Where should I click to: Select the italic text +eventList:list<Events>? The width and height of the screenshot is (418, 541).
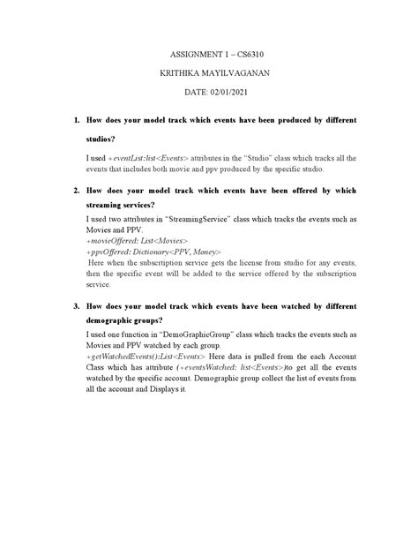(x=155, y=157)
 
